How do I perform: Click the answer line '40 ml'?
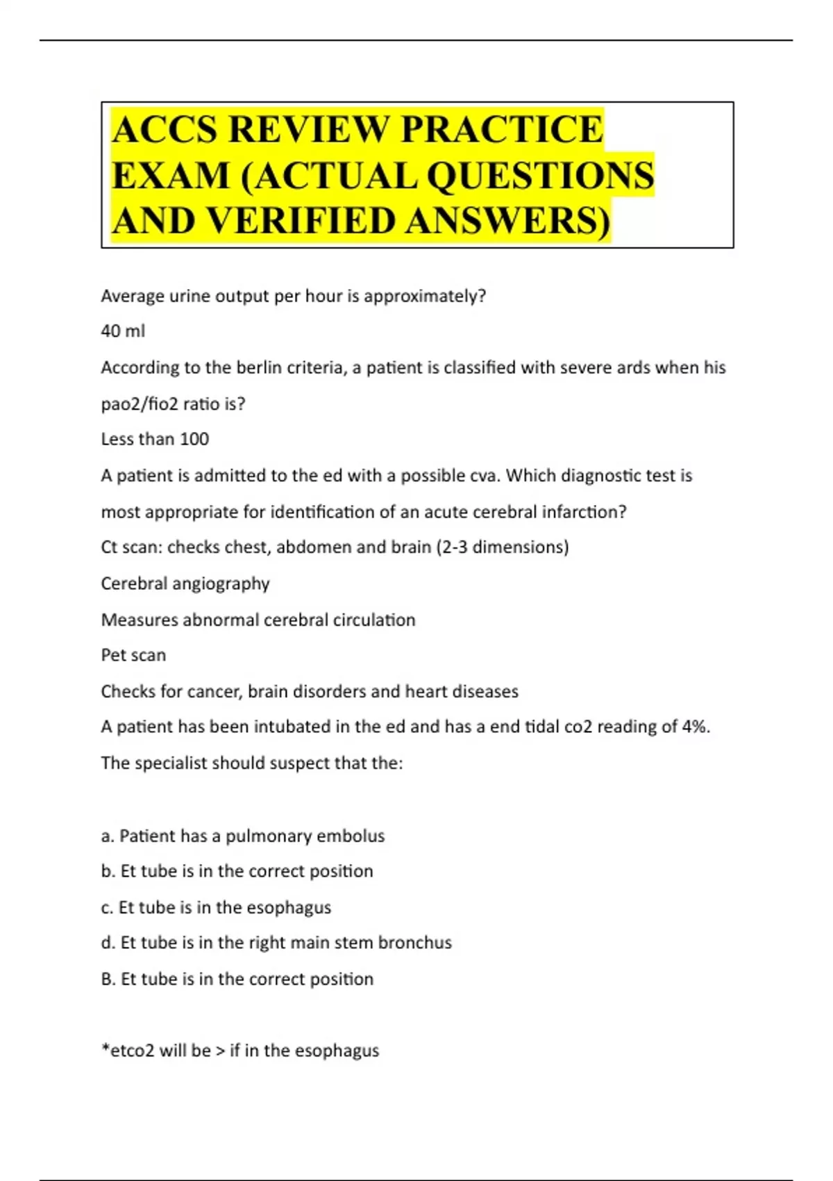[x=123, y=331]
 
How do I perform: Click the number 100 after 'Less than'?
[x=194, y=439]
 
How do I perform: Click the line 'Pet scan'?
[x=133, y=655]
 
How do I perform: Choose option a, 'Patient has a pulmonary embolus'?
[x=243, y=836]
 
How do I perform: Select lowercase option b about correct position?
[x=237, y=871]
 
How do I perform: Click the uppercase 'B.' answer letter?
[x=108, y=979]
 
